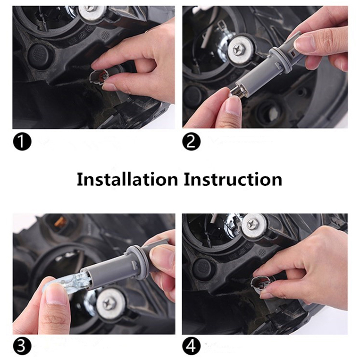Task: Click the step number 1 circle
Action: point(22,142)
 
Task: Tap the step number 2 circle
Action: point(191,142)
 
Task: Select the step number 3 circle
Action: point(22,346)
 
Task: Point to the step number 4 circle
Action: point(191,346)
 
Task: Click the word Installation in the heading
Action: point(127,179)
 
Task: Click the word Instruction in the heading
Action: point(233,179)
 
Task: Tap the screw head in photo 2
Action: point(237,49)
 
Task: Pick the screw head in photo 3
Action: point(107,305)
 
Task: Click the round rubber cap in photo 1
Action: point(40,54)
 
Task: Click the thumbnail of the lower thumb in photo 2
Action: point(232,108)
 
